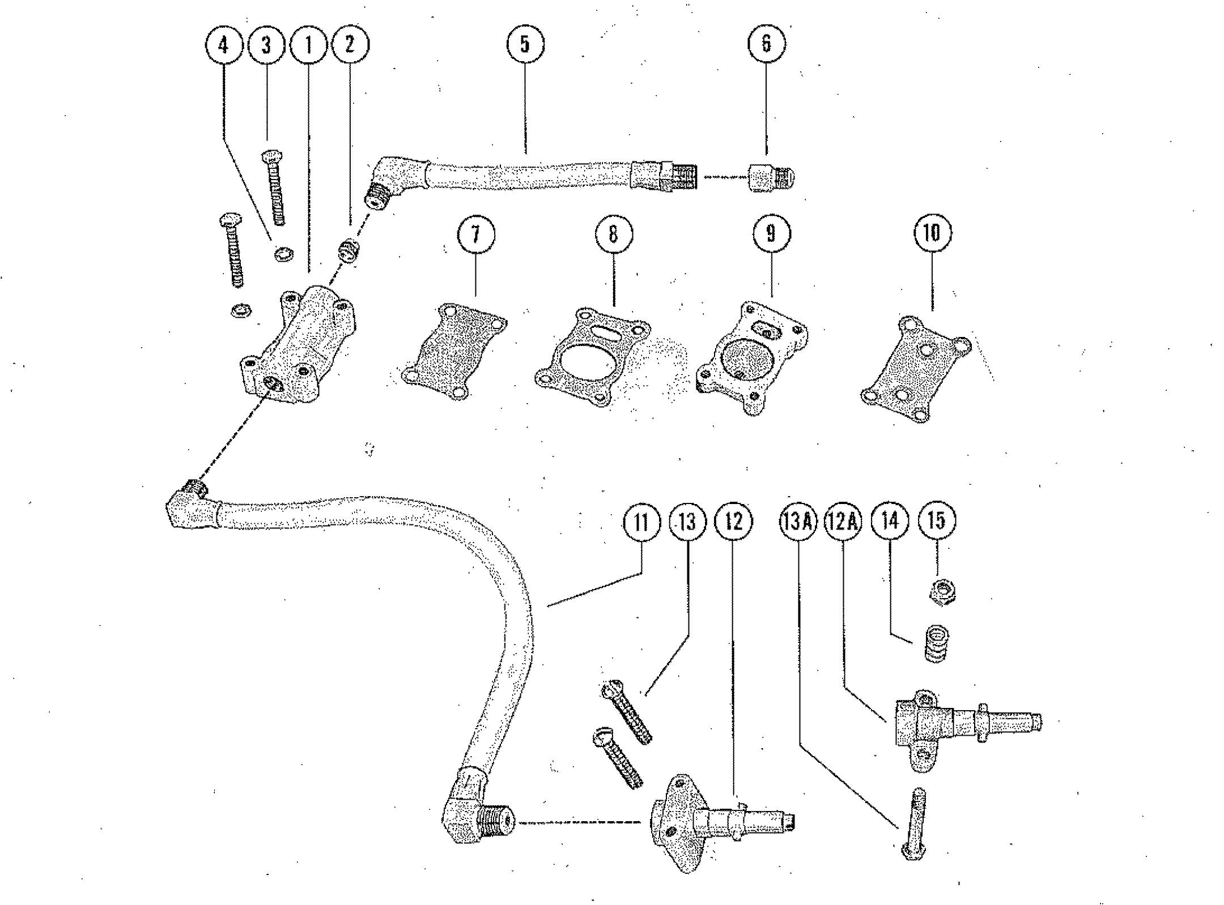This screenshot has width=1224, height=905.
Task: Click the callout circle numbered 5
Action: [525, 44]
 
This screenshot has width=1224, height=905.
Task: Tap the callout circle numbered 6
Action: [767, 44]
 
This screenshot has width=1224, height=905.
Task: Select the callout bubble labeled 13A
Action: [797, 521]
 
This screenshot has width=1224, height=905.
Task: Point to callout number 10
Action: [932, 233]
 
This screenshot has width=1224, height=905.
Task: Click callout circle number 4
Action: [224, 45]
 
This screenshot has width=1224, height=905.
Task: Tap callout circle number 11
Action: [641, 521]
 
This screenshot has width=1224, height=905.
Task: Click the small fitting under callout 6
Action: [771, 177]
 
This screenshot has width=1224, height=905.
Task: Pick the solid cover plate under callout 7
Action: [453, 351]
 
